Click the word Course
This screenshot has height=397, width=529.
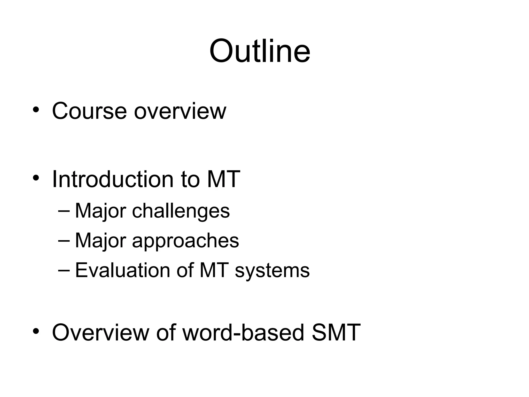click(89, 111)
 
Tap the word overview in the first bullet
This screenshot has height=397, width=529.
click(180, 111)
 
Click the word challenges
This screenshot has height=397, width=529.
click(181, 211)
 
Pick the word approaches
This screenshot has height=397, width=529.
click(185, 241)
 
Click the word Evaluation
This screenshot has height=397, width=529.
click(122, 270)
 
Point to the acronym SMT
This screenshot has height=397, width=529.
click(336, 332)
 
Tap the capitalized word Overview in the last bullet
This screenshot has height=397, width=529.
click(100, 332)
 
